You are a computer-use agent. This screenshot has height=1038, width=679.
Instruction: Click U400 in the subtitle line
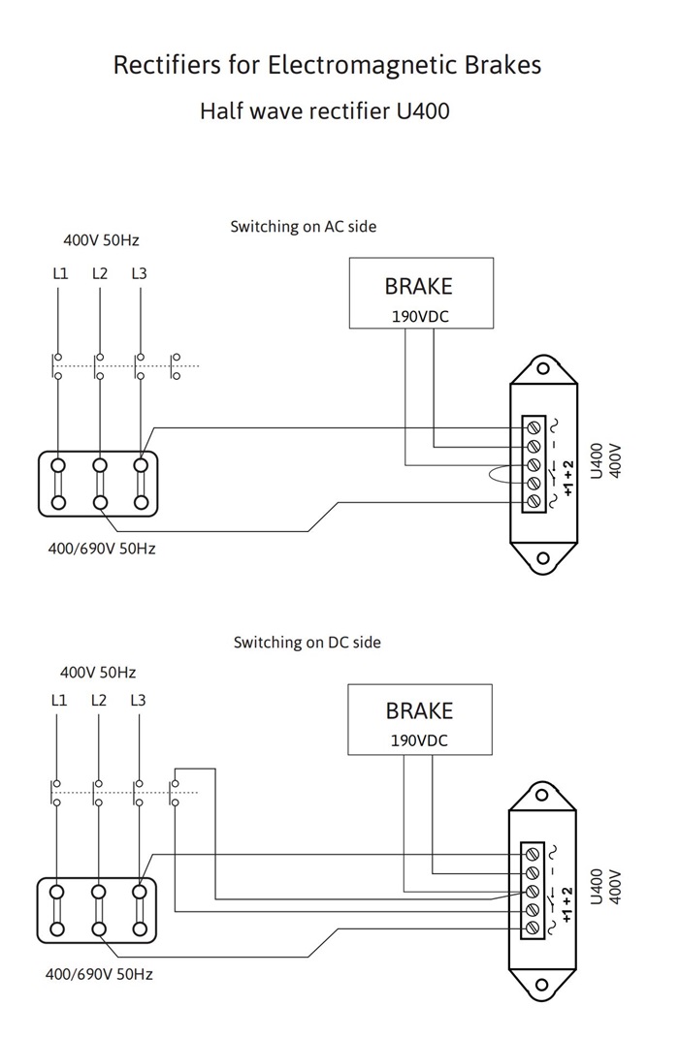tap(423, 110)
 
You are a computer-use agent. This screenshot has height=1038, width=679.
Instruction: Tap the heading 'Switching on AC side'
tap(304, 227)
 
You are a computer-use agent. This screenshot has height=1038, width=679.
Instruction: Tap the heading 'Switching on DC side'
tap(307, 643)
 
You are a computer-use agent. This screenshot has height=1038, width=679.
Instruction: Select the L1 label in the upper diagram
tap(60, 273)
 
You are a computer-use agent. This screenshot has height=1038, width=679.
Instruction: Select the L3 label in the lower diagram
tap(138, 700)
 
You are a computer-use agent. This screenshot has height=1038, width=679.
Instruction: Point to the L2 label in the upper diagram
tap(100, 273)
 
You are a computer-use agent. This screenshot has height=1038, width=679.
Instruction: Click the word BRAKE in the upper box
tap(419, 286)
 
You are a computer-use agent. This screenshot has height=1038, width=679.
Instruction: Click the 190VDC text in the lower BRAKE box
tap(419, 740)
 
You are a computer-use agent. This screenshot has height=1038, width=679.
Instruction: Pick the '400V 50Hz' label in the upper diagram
tap(101, 239)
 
